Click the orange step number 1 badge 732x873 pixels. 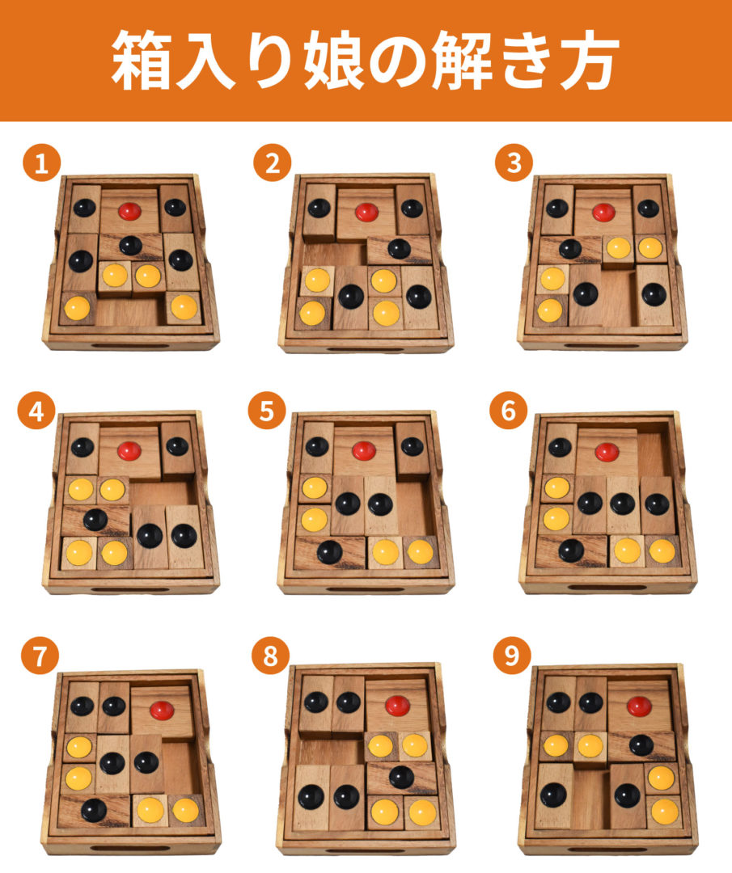[42, 162]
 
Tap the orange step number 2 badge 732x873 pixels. [273, 162]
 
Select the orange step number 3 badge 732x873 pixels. [514, 162]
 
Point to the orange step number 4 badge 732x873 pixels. [36, 411]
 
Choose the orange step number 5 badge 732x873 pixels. [267, 411]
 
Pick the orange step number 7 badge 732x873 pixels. [40, 656]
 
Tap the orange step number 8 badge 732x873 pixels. [270, 656]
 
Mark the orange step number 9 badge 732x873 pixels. [512, 655]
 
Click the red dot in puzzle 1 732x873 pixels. [129, 211]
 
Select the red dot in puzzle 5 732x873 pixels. [364, 450]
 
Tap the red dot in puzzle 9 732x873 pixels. [639, 706]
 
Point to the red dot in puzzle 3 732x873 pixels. [603, 212]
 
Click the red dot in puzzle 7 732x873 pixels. [162, 710]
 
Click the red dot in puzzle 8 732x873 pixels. [398, 706]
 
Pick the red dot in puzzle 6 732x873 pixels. [607, 452]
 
